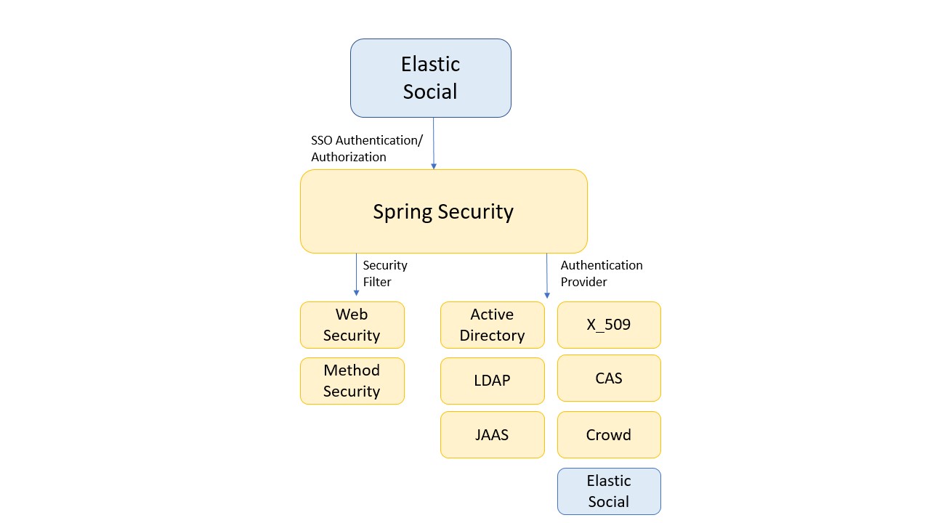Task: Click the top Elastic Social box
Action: [430, 78]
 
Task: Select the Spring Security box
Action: [443, 211]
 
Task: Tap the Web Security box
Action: [352, 325]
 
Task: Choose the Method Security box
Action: [352, 381]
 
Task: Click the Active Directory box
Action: [492, 325]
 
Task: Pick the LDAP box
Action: [492, 381]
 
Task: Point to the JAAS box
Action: [492, 435]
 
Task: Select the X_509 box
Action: [609, 325]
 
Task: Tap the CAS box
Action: [609, 378]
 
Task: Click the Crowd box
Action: [609, 435]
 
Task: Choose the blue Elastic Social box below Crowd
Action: [609, 491]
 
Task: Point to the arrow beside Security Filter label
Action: [356, 275]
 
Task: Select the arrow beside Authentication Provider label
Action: [546, 276]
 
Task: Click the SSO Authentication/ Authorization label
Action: [366, 149]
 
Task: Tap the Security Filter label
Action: [385, 273]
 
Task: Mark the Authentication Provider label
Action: [602, 273]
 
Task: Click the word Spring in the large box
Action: [402, 212]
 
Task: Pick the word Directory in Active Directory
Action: [492, 336]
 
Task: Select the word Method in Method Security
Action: [352, 370]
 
